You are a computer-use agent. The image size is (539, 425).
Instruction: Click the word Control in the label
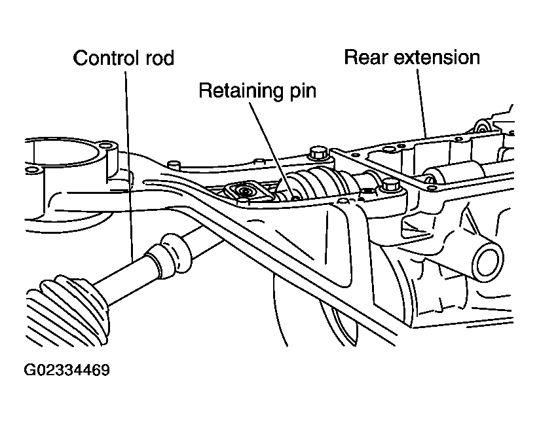107,58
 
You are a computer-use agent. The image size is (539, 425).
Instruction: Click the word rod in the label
160,58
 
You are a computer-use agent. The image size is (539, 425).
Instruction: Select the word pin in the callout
300,92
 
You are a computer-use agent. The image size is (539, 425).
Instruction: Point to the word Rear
365,58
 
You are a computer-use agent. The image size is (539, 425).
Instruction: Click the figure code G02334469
67,370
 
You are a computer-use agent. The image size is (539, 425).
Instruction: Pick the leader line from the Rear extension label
422,103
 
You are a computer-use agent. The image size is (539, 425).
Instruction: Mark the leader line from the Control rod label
129,164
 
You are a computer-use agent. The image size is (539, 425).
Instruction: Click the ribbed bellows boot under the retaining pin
316,184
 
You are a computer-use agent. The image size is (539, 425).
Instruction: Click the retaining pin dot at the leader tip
295,198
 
